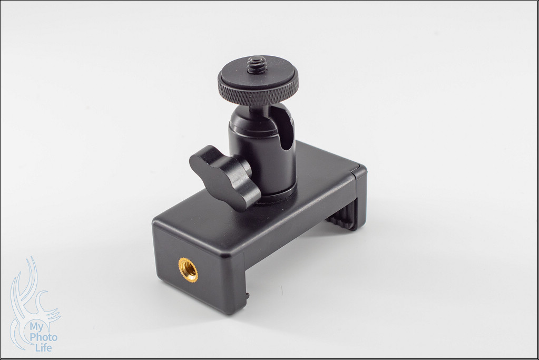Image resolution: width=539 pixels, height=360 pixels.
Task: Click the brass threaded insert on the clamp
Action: pos(188,269)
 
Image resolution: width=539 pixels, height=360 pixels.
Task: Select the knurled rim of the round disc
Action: pos(258,93)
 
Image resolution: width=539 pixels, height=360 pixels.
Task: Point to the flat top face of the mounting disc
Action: pos(258,73)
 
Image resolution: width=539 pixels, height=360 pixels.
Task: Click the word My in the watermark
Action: pos(37,327)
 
